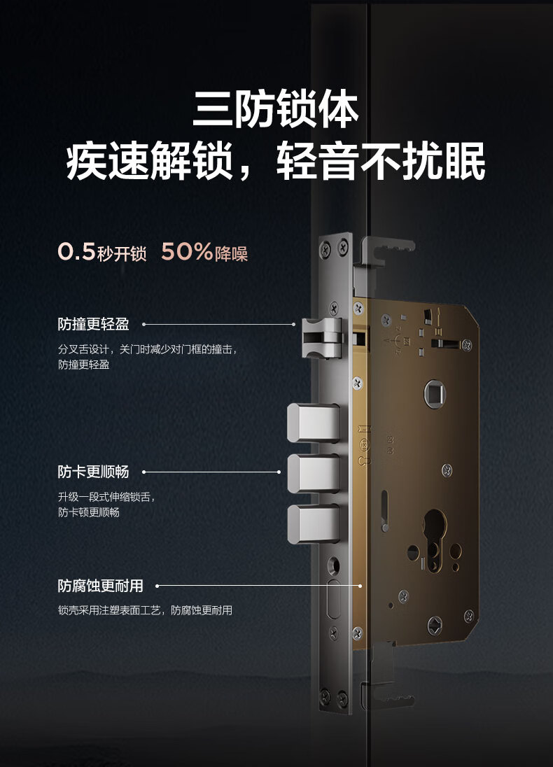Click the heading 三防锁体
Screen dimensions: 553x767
click(x=276, y=108)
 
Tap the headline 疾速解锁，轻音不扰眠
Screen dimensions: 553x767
click(x=276, y=161)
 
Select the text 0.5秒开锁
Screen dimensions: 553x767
click(x=101, y=253)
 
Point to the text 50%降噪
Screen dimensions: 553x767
click(x=204, y=253)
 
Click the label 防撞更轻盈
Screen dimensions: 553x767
click(x=94, y=324)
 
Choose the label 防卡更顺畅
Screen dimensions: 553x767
click(x=94, y=472)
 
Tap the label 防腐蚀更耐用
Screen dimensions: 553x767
click(x=100, y=586)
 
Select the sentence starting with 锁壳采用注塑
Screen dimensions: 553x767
click(x=145, y=610)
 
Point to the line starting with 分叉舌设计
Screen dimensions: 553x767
click(x=147, y=349)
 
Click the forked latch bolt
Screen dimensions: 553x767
click(x=321, y=337)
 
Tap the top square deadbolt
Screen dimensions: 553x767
click(x=313, y=423)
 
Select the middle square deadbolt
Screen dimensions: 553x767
click(x=313, y=474)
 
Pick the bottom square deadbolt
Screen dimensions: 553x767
click(x=313, y=524)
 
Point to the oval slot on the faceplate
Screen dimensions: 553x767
click(x=333, y=600)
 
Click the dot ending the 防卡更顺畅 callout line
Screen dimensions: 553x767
click(x=279, y=472)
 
